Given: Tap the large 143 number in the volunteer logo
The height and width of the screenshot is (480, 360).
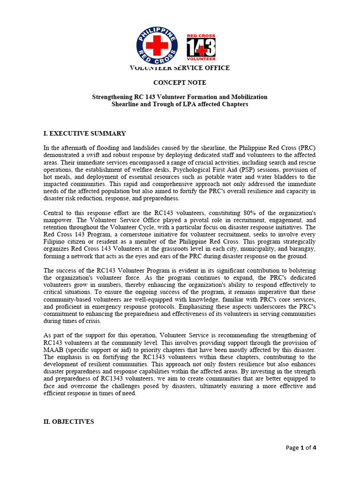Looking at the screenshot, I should (201, 47).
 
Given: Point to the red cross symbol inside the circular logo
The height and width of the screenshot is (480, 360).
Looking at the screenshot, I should (157, 45).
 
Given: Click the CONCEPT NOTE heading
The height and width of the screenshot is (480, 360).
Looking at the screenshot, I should (180, 82).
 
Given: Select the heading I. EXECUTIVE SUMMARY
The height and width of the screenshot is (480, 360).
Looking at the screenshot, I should (84, 134).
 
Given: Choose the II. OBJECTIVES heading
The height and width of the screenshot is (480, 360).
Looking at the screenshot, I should (68, 422).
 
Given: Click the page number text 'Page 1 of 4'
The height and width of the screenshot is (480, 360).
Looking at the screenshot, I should (301, 448).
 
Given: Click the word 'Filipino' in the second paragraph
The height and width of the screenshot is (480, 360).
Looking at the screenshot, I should (55, 242).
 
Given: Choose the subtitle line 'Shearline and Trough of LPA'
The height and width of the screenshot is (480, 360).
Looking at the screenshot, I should (180, 104).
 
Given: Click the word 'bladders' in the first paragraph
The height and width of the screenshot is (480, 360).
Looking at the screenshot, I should (265, 177).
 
